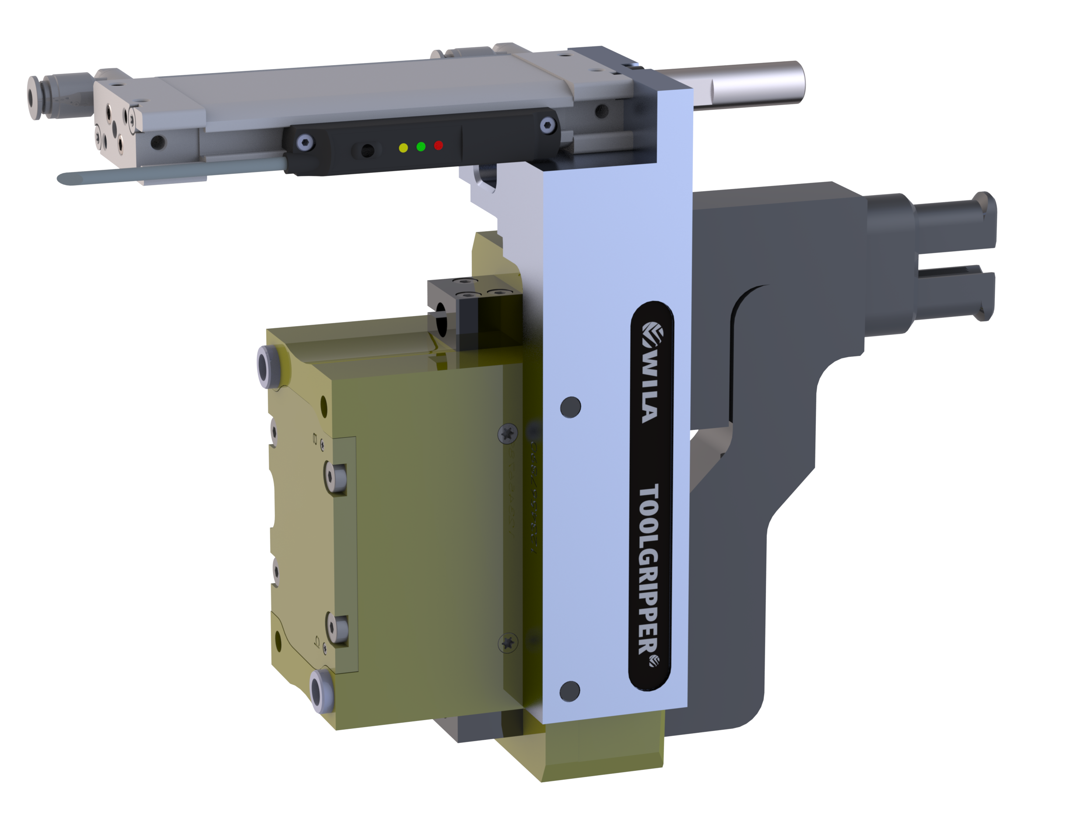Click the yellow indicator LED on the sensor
[x=404, y=148]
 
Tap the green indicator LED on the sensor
[x=421, y=147]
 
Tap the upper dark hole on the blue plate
[x=571, y=407]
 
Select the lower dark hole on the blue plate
[x=570, y=690]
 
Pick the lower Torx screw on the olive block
[x=508, y=642]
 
